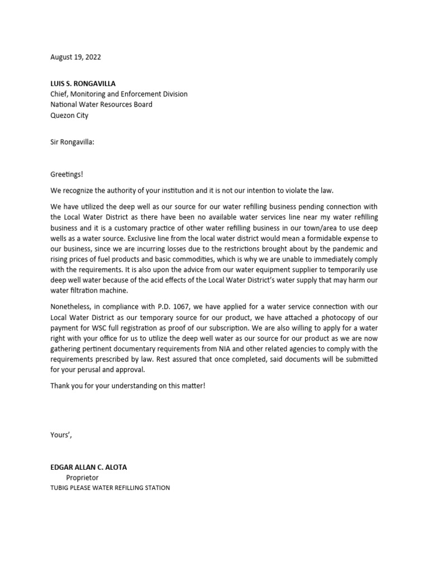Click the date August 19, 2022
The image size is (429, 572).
76,57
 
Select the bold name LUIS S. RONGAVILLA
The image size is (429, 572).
83,84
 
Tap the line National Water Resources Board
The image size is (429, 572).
101,104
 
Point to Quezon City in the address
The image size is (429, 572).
69,116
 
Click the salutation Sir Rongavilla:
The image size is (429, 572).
73,142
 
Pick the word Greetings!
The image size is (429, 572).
66,174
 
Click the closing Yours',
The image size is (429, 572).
61,435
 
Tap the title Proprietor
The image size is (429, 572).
83,478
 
